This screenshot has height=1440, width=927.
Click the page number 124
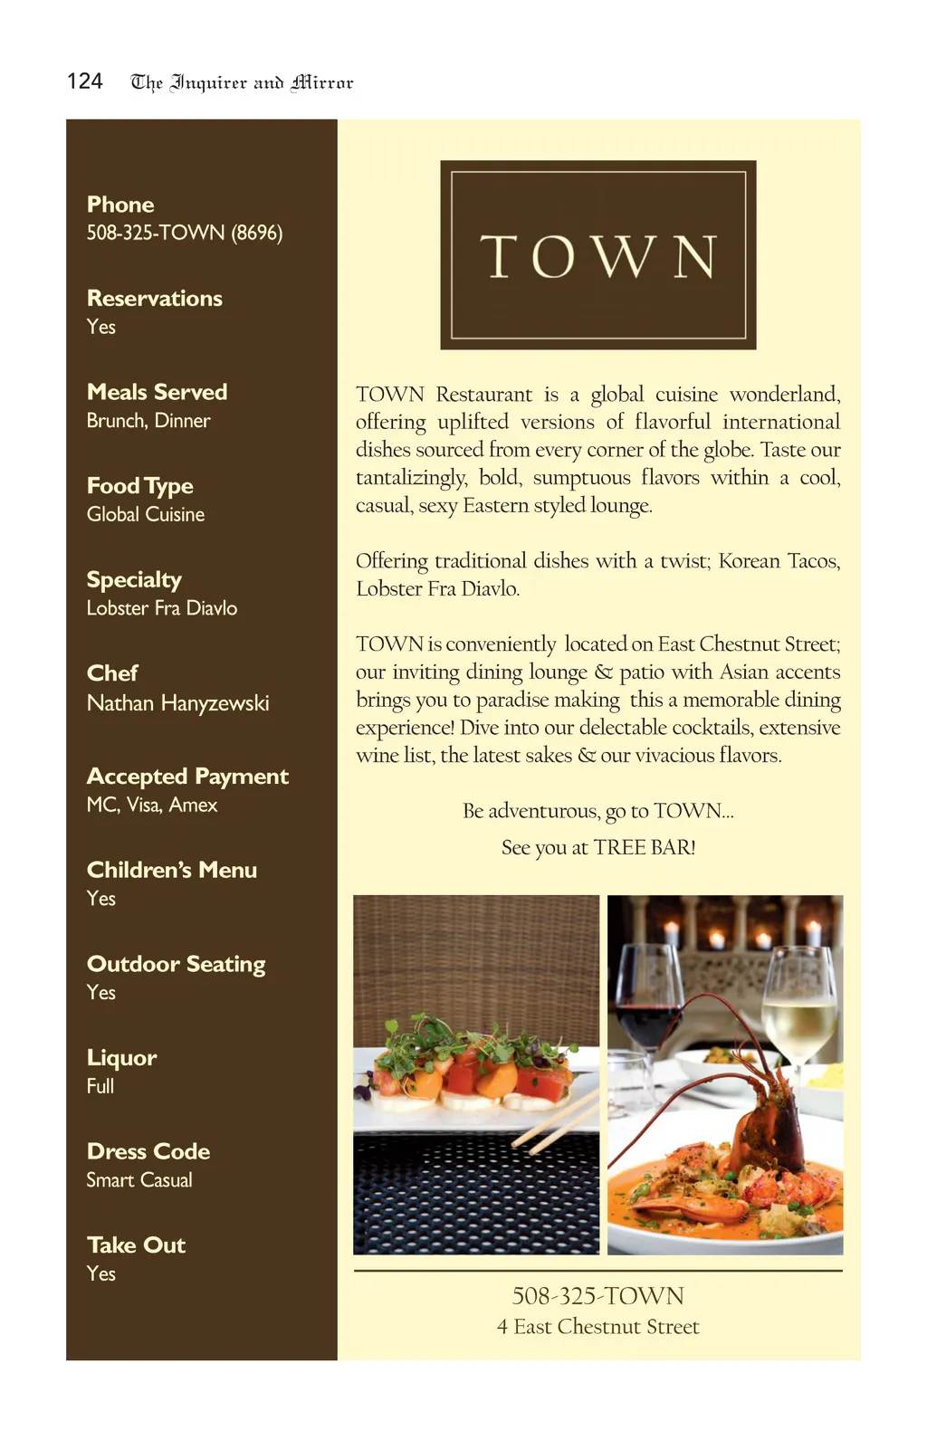point(85,81)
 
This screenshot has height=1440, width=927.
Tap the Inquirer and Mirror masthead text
point(242,83)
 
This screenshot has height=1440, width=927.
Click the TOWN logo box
point(597,255)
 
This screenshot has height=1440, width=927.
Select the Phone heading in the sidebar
point(120,205)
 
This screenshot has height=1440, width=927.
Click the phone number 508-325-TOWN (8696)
point(185,233)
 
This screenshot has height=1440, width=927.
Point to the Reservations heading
point(155,299)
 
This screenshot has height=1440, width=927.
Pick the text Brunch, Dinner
point(148,421)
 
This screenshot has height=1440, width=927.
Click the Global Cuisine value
point(146,514)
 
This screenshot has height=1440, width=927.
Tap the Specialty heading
point(134,579)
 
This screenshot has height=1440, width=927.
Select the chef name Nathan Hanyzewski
point(178,703)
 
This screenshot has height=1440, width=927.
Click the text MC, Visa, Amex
point(152,805)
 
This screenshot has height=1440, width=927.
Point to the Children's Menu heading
point(172,870)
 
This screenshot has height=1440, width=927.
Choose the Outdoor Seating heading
point(177,964)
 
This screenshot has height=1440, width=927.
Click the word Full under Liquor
point(100,1086)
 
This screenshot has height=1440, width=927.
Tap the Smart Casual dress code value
point(139,1180)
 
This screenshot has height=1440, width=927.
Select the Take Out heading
point(136,1245)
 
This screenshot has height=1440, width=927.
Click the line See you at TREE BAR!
point(598,847)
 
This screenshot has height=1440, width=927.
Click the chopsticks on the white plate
point(561,1118)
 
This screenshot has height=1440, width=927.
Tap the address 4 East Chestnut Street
point(598,1327)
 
